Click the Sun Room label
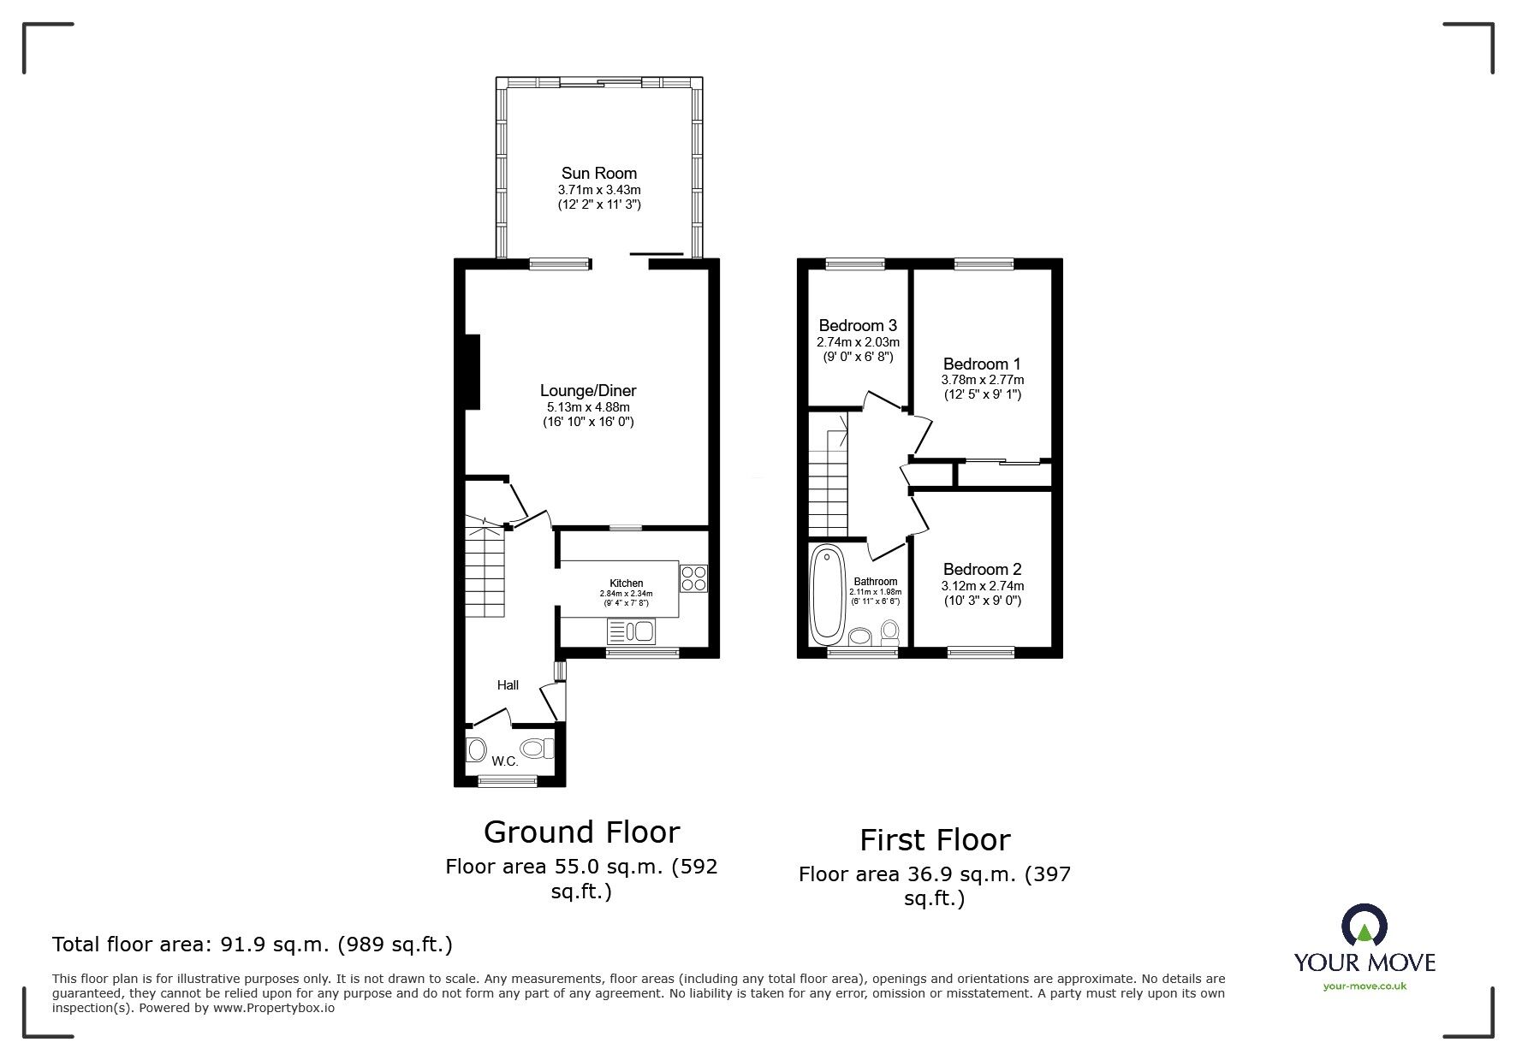pos(598,174)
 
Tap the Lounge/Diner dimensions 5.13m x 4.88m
pos(588,406)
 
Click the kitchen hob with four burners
pos(694,578)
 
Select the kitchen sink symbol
pos(631,632)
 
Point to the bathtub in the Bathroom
pos(827,595)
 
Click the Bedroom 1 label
pos(981,364)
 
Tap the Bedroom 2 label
pos(982,570)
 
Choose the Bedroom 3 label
pos(858,326)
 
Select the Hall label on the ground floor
pos(508,685)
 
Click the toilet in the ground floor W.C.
pos(536,749)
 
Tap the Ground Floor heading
pos(581,832)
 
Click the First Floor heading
pos(935,840)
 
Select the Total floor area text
pos(253,945)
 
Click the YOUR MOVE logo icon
pos(1364,926)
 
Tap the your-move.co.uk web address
pos(1364,986)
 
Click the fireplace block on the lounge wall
pos(472,372)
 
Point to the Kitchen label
pos(626,583)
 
